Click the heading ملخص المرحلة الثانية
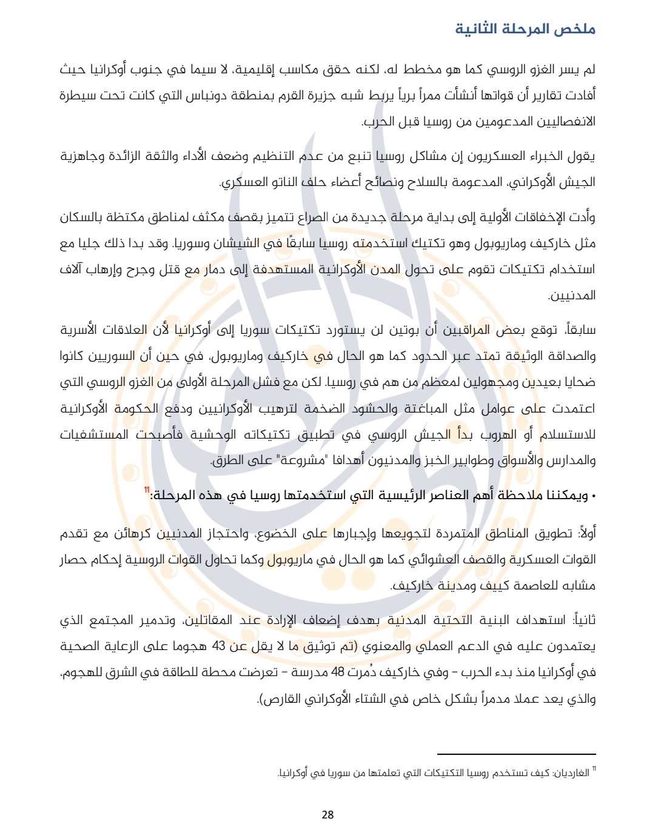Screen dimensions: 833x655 point(525,29)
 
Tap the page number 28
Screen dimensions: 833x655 point(327,814)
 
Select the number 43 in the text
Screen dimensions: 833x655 point(218,646)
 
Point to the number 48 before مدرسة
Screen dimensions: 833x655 point(337,672)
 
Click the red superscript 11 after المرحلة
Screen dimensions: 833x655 point(147,490)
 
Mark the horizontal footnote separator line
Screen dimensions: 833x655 point(517,754)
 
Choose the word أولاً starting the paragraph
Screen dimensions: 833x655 point(586,534)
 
